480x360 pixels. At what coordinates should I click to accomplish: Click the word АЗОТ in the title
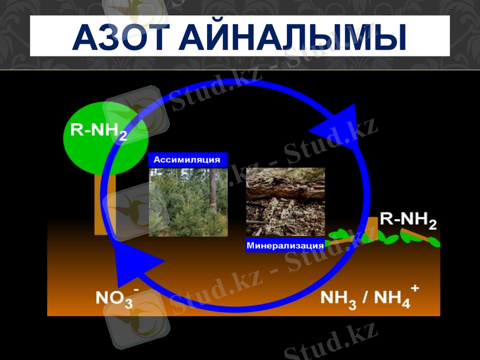(120, 37)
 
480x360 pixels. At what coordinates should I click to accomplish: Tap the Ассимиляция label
(187, 160)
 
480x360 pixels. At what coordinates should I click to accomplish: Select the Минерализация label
(285, 245)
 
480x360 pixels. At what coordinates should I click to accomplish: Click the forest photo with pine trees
(188, 202)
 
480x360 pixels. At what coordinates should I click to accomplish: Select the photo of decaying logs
(285, 202)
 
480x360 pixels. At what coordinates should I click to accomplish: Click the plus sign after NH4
(415, 289)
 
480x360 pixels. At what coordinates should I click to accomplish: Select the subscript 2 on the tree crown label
(122, 137)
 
